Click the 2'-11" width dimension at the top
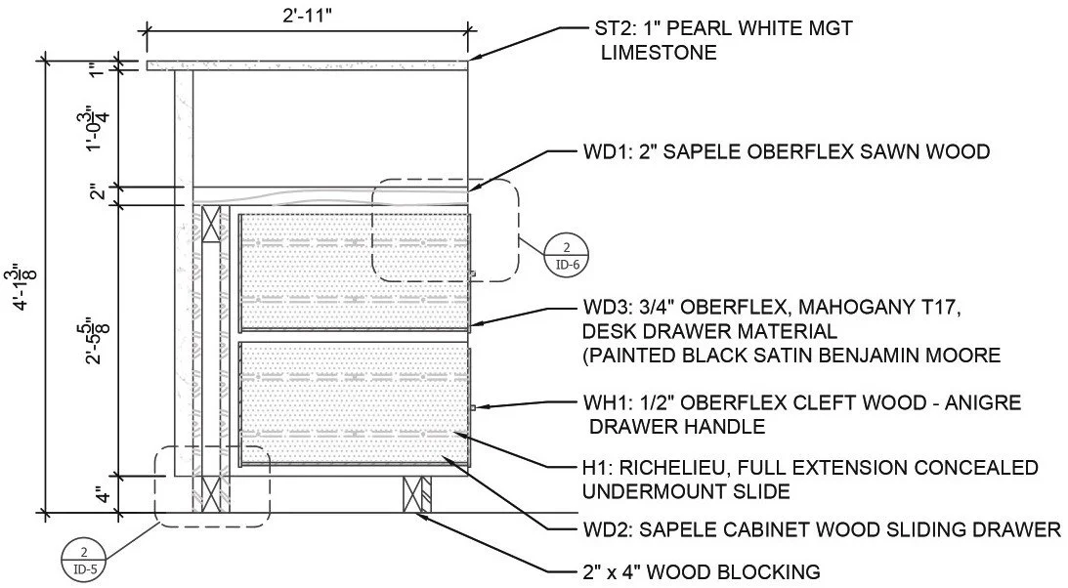point(306,17)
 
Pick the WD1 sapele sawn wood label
point(606,151)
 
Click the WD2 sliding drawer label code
point(605,530)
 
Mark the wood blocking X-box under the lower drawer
point(417,494)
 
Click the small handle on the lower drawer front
point(472,407)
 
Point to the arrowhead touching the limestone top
point(472,62)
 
